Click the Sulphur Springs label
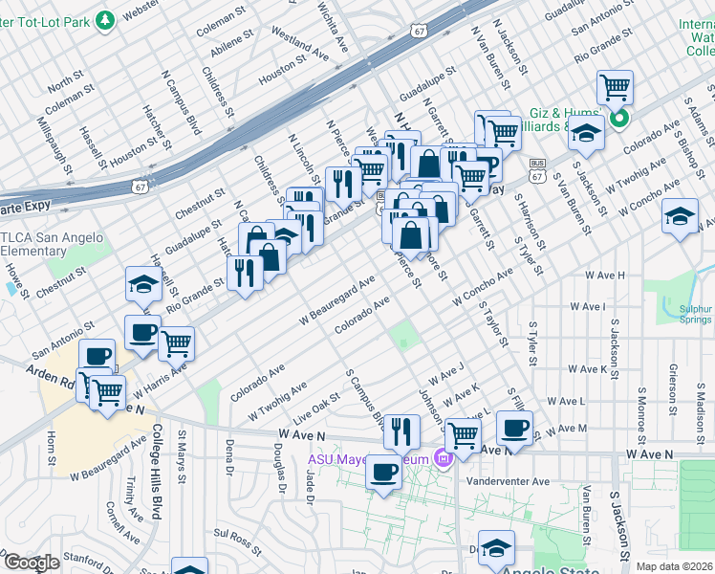coord(692,315)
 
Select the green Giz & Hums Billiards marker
coord(619,120)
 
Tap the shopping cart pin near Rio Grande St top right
coord(615,88)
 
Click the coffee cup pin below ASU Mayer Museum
coord(383,472)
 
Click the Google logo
coord(32,563)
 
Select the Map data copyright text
coord(668,566)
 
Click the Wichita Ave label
coord(335,27)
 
